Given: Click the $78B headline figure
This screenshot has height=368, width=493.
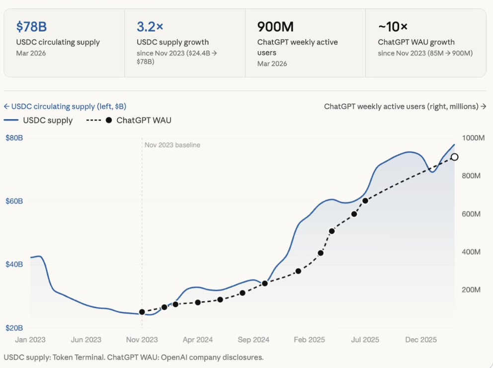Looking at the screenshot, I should click(x=31, y=26).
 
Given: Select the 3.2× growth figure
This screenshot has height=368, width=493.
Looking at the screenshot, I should click(x=150, y=26).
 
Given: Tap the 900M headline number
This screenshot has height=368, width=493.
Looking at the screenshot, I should click(x=275, y=26).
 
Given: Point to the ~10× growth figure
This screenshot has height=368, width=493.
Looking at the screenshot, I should click(x=393, y=26).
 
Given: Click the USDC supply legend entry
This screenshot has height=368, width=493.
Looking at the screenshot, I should click(x=38, y=120).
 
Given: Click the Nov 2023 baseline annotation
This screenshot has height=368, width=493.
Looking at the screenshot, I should click(x=172, y=145).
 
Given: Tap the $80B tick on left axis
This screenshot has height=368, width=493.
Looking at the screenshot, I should click(x=14, y=138).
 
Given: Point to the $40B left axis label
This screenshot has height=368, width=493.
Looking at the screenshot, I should click(x=14, y=264).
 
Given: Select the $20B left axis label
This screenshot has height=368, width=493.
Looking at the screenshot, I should click(x=14, y=328).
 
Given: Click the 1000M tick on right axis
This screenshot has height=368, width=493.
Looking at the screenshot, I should click(x=473, y=138).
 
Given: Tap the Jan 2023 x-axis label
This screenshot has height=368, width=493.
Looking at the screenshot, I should click(x=30, y=340).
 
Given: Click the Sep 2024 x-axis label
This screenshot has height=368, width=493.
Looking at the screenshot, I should click(x=253, y=340).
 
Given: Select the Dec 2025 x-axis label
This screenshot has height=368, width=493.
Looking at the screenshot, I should click(x=421, y=340).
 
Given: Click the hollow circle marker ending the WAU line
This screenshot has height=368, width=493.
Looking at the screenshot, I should click(x=454, y=157).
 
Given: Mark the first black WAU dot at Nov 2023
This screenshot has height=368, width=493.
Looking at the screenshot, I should click(x=142, y=312).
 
